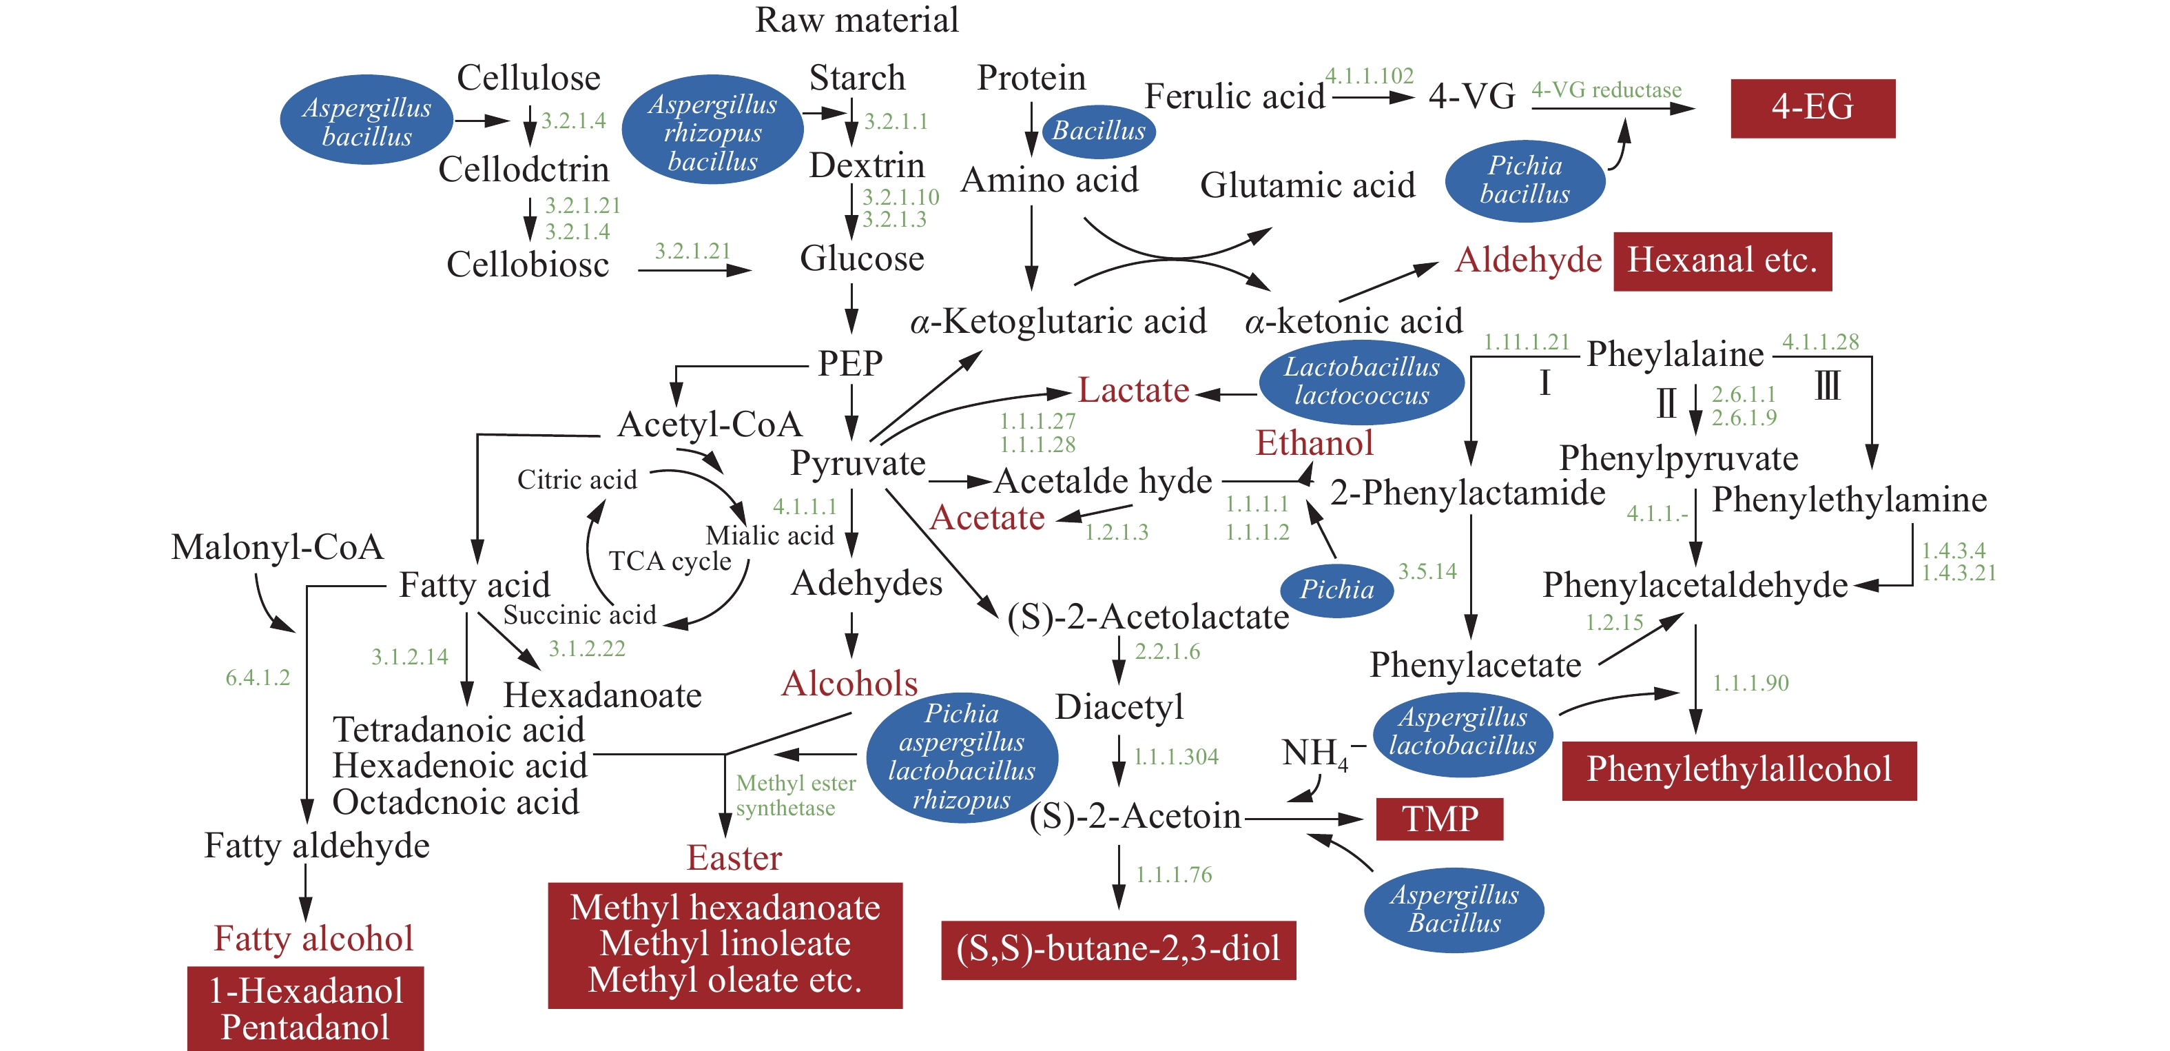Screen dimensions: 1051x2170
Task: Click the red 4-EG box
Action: tap(1812, 108)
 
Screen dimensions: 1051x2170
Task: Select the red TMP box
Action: tap(1439, 818)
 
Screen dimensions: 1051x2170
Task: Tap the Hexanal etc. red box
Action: tap(1722, 261)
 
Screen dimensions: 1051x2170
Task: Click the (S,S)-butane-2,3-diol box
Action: tap(1118, 949)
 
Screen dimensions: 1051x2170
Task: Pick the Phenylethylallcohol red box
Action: tap(1739, 770)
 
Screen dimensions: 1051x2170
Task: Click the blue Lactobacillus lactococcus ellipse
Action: tap(1361, 382)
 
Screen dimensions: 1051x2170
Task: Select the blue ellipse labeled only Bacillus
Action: tap(1099, 131)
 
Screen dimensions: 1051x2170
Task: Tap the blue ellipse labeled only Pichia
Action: tap(1336, 589)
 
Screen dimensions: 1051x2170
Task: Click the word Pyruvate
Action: tap(858, 462)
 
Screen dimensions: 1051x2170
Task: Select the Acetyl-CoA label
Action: tap(710, 424)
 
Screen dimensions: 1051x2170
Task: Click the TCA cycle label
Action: tap(670, 560)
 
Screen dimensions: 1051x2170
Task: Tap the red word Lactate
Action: tap(1133, 390)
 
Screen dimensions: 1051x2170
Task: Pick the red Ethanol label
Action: tap(1314, 443)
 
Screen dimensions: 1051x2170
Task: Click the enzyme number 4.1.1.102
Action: tap(1369, 76)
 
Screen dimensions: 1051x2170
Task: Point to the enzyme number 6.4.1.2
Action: tap(257, 677)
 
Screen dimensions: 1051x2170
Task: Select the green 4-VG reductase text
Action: tap(1606, 90)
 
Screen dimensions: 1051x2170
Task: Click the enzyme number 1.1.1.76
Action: tap(1173, 875)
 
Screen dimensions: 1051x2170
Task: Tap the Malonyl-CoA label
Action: tap(277, 547)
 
